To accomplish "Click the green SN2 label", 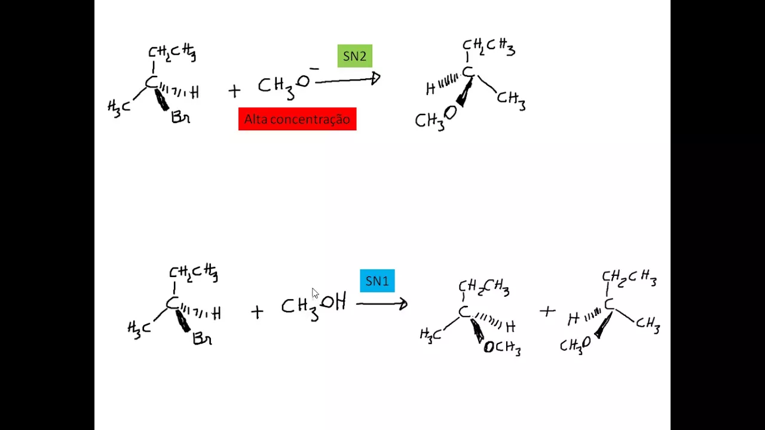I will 354,56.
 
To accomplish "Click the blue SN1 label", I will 377,281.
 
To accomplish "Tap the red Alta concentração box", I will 297,119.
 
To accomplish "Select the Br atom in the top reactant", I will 180,117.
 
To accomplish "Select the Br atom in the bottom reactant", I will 202,339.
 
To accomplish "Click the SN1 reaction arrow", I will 381,304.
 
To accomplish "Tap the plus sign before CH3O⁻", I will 234,91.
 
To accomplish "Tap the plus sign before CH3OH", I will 256,311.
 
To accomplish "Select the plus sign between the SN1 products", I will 547,311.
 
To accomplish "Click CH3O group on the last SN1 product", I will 574,345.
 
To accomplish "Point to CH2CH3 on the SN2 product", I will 488,47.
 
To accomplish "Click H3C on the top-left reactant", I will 119,108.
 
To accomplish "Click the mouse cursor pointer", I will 315,293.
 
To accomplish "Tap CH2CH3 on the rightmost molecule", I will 629,278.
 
